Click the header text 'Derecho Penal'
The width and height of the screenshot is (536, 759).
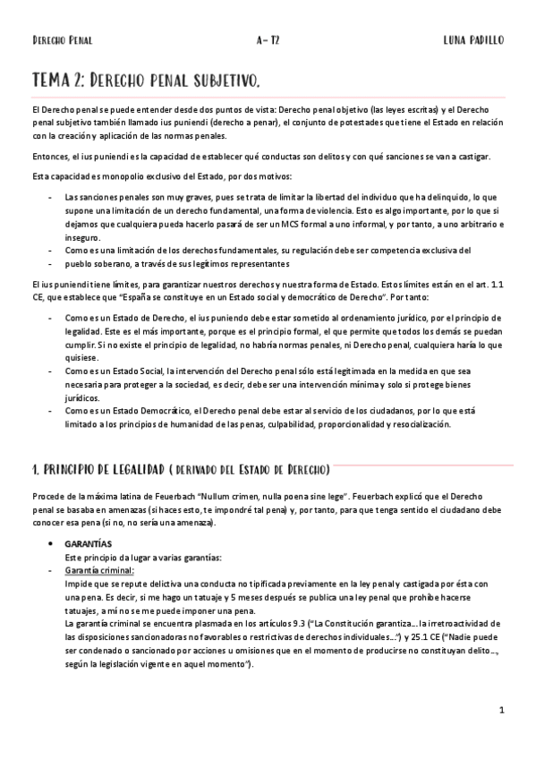coord(62,40)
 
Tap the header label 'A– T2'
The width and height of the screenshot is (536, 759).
coord(268,40)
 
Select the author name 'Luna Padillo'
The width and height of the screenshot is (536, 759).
coord(473,40)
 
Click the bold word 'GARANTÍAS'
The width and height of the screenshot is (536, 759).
coord(88,543)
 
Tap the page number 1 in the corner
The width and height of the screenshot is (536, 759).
coord(503,711)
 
